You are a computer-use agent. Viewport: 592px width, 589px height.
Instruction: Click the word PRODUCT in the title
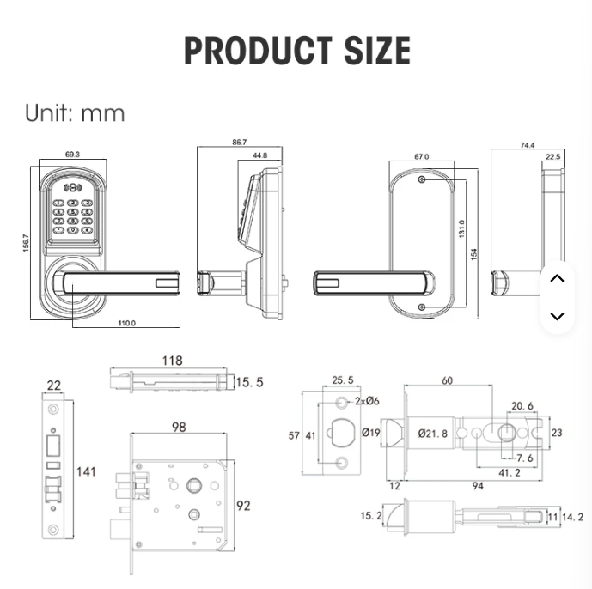tap(259, 51)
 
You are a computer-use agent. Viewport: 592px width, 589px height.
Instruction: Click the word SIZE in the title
tap(377, 51)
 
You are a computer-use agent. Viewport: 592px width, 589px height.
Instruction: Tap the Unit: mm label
tap(75, 112)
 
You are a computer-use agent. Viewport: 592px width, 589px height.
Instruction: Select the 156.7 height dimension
tap(26, 243)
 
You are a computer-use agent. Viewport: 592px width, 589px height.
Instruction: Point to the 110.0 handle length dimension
tap(126, 323)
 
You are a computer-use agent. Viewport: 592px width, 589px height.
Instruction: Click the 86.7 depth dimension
tap(240, 142)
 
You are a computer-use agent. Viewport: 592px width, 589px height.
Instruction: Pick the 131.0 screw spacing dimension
tap(461, 228)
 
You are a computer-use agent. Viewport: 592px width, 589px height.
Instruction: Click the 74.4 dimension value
tap(527, 145)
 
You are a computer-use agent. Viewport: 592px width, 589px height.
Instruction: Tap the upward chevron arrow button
tap(558, 278)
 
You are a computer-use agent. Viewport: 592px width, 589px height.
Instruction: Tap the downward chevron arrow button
tap(558, 316)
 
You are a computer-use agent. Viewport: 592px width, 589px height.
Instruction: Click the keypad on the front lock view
tap(73, 216)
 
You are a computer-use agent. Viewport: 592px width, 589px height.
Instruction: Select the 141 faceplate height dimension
tap(86, 471)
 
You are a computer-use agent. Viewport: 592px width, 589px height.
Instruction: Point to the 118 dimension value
tap(172, 361)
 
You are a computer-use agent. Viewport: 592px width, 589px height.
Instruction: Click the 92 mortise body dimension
tap(243, 506)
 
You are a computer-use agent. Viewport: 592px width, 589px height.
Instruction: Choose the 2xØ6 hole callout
tap(367, 401)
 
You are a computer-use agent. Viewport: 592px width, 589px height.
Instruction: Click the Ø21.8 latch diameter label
tap(433, 434)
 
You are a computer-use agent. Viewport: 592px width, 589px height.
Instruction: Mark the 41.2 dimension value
tap(510, 472)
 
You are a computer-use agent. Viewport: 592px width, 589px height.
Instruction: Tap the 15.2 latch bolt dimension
tap(371, 515)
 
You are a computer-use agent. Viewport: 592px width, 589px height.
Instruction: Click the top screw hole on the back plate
tap(423, 179)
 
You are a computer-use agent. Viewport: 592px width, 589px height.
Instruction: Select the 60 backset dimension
tap(447, 380)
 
